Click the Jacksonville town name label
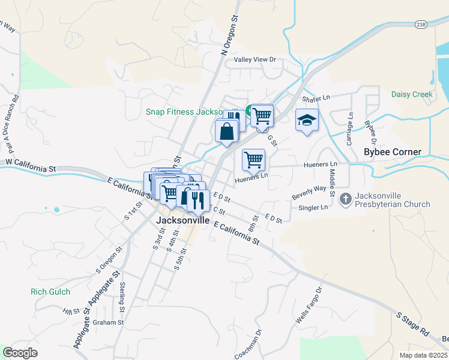[x=183, y=220]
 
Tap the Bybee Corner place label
[x=393, y=152]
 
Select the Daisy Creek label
[x=411, y=94]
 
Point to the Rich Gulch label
[x=50, y=292]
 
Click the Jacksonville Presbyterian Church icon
[x=345, y=199]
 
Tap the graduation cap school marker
[x=307, y=120]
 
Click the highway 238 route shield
[x=420, y=24]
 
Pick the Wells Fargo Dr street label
[x=309, y=306]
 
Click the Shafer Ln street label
[x=316, y=98]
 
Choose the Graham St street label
[x=108, y=322]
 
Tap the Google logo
[x=20, y=353]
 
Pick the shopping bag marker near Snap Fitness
[x=227, y=131]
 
